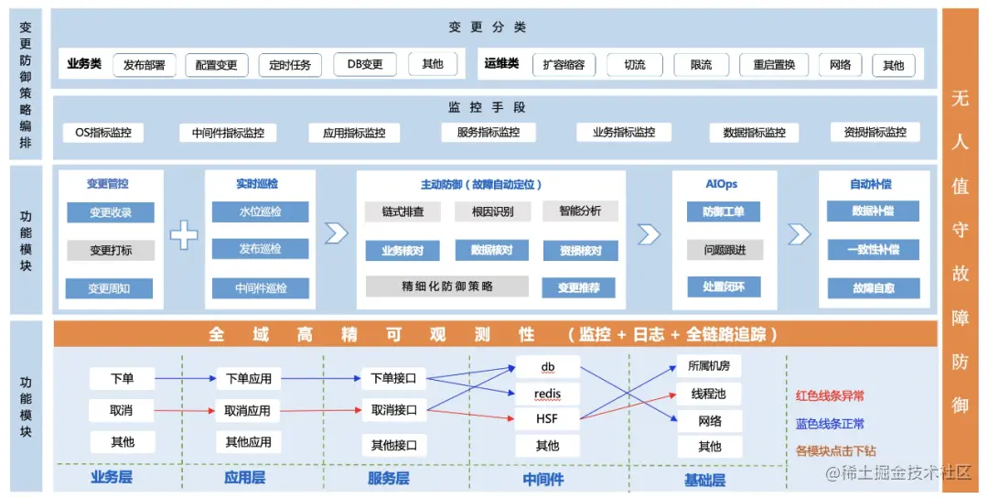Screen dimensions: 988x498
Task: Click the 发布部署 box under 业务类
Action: click(x=145, y=65)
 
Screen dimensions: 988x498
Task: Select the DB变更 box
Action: click(x=365, y=64)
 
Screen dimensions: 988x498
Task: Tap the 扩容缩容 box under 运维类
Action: click(x=564, y=65)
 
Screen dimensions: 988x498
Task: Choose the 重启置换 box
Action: click(x=774, y=65)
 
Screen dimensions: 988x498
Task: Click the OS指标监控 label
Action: click(x=103, y=133)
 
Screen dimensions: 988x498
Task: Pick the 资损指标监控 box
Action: click(x=875, y=133)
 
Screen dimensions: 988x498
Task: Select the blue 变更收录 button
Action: click(x=111, y=213)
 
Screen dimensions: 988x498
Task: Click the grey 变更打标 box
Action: click(x=111, y=250)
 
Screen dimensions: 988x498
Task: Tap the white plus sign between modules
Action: click(x=184, y=235)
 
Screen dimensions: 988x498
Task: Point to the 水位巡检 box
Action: click(x=261, y=212)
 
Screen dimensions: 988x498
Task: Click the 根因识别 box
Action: click(x=492, y=211)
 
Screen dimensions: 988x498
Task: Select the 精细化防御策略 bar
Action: click(x=447, y=287)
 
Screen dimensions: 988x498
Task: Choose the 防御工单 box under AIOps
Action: click(x=724, y=212)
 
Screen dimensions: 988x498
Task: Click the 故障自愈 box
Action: click(x=874, y=287)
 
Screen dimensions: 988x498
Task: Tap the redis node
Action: click(x=547, y=395)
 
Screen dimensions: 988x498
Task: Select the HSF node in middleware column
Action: click(x=547, y=420)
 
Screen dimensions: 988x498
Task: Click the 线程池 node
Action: click(x=709, y=395)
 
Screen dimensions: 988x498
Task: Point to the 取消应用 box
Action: click(x=248, y=411)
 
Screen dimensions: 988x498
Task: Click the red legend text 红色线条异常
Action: click(x=830, y=396)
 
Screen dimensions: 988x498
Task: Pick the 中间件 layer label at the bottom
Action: click(x=543, y=479)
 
